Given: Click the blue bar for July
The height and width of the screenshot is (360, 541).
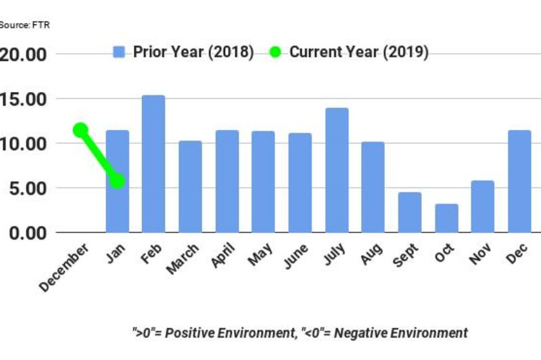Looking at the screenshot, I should pos(336,170).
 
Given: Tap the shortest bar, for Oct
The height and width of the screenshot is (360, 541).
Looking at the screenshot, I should pos(446,218).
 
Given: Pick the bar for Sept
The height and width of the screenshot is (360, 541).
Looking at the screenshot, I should pos(410,212).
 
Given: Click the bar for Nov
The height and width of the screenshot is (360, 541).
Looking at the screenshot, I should pos(483,206).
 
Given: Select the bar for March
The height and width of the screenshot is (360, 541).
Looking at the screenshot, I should pos(190,187).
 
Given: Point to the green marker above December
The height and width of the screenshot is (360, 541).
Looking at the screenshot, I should pos(80,130).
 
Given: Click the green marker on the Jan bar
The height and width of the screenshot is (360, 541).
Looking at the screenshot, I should pos(117,181).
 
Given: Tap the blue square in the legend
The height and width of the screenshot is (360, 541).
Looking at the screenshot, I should pos(120,52).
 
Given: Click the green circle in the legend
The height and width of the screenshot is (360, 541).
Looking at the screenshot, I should pos(275,52).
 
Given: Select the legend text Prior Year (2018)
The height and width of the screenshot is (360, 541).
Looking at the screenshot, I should pos(193,52).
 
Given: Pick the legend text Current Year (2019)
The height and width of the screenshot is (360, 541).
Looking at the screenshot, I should pos(358,52).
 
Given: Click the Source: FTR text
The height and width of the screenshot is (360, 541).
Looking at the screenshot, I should pos(24,25).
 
